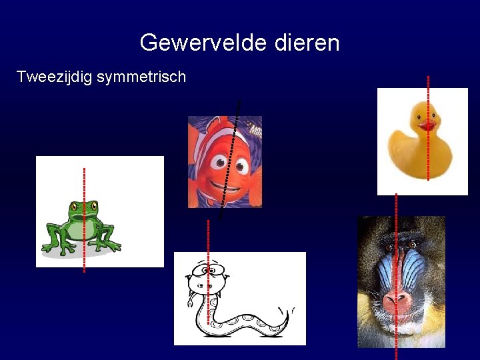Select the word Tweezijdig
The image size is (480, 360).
click(55, 77)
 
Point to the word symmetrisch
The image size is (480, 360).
click(141, 77)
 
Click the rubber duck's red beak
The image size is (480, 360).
click(427, 125)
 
